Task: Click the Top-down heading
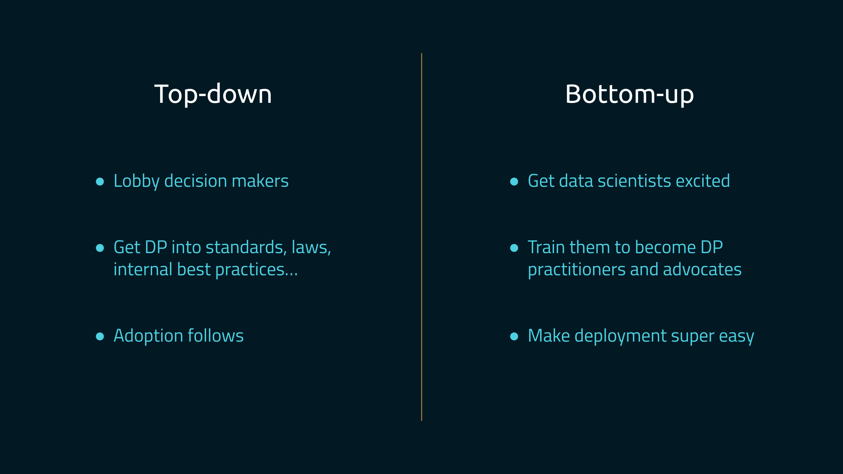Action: coord(213,94)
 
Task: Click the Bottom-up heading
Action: coord(630,94)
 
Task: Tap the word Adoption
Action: coord(148,336)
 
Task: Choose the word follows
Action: coord(215,336)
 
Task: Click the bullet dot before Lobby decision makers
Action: coord(100,182)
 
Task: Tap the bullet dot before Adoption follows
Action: coord(100,336)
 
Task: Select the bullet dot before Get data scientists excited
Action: coord(514,182)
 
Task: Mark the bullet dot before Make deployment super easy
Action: coord(514,336)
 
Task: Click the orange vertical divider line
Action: coord(421,237)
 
